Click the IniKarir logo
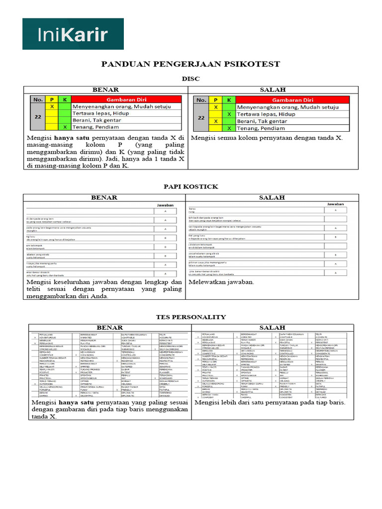click(x=73, y=34)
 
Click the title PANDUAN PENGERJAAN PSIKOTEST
click(x=191, y=64)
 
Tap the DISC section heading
click(x=191, y=79)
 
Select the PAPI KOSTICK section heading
click(x=191, y=186)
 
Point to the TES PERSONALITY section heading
click(x=191, y=317)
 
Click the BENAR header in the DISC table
click(x=106, y=89)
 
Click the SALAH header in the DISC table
click(x=273, y=89)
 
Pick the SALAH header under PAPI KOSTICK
click(x=273, y=197)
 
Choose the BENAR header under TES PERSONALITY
click(x=109, y=328)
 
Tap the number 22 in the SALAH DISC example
click(x=201, y=118)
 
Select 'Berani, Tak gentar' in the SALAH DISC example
click(x=262, y=121)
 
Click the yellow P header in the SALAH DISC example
click(x=215, y=99)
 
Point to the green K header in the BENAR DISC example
click(x=64, y=99)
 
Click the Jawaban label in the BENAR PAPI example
click(x=165, y=205)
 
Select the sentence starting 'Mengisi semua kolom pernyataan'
click(x=267, y=138)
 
